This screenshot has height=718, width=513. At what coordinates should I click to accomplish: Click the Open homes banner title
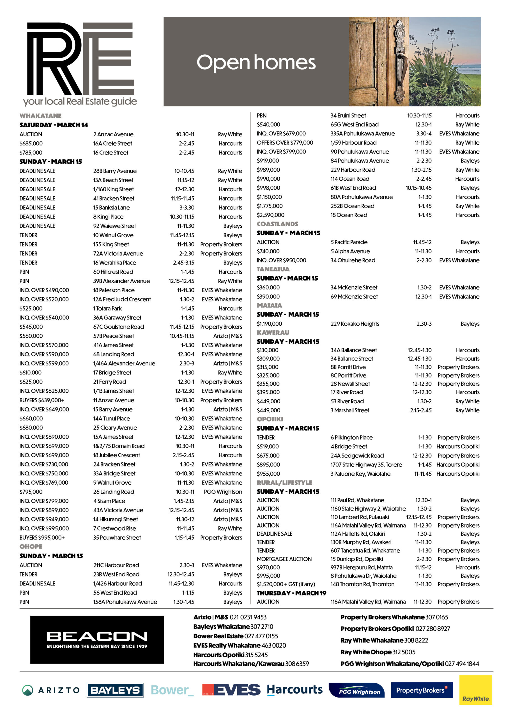(x=256, y=62)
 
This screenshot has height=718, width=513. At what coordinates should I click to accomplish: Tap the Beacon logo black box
(x=97, y=640)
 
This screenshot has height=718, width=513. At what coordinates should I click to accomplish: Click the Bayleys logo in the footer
(x=115, y=690)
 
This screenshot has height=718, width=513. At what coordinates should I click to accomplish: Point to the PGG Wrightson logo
(x=356, y=691)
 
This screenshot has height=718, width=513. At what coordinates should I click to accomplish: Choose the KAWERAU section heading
(x=273, y=332)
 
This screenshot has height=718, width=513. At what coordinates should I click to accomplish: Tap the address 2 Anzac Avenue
(x=113, y=134)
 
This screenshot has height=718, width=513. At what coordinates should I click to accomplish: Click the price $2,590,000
(x=270, y=215)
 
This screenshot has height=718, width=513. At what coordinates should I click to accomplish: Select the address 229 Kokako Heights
(x=355, y=324)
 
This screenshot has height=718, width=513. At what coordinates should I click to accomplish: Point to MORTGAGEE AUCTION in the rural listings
(x=284, y=559)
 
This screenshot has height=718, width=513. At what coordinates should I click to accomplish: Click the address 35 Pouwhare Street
(x=117, y=537)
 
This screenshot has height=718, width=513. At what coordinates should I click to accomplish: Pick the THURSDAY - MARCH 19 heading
(x=291, y=593)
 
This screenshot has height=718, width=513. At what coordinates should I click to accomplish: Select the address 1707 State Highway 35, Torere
(x=366, y=464)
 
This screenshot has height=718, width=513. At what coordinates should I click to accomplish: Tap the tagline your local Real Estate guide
(x=80, y=102)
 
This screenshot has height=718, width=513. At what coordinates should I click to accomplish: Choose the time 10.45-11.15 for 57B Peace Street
(x=182, y=336)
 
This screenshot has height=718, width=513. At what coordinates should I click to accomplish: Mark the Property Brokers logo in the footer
(x=422, y=690)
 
